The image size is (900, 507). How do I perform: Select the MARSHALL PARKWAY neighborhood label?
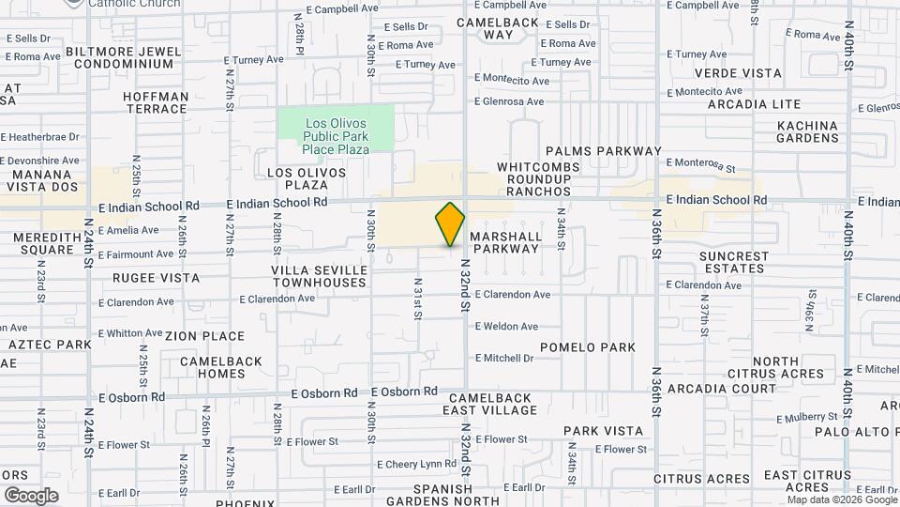(505, 242)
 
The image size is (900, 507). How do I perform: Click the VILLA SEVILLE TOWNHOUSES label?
(318, 276)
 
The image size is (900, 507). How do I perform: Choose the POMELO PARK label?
(600, 347)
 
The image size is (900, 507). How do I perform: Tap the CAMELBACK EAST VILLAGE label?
(490, 404)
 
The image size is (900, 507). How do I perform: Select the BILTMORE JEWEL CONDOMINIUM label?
(124, 57)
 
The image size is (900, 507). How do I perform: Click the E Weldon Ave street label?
(506, 327)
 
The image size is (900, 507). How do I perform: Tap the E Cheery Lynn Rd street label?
(416, 464)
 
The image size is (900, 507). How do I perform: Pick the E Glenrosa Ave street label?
(509, 102)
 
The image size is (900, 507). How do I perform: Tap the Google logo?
(31, 495)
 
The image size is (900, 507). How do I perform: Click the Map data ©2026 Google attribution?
(841, 499)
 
